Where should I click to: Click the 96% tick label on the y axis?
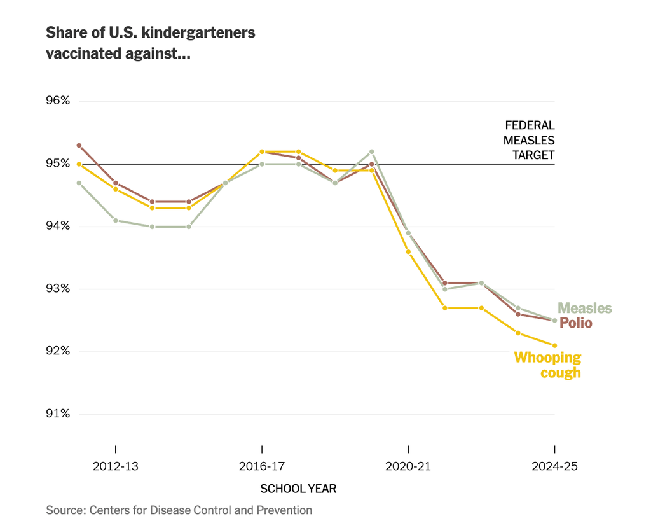pos(57,101)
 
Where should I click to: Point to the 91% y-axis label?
pos(57,414)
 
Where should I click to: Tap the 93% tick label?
pos(57,289)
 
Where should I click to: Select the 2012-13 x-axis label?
pos(115,466)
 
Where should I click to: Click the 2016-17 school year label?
pos(261,466)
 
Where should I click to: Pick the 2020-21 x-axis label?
pos(408,466)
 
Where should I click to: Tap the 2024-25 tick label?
pos(554,466)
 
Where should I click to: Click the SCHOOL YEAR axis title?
pos(298,489)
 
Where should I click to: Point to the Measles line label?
pos(585,309)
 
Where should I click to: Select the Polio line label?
pos(576,323)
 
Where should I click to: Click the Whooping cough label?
pos(547,365)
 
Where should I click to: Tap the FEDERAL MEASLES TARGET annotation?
pos(529,140)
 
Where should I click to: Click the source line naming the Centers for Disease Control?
pos(179,510)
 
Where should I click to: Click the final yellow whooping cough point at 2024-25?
pos(554,345)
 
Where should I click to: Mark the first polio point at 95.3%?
pos(79,145)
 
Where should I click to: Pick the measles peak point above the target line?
pos(372,151)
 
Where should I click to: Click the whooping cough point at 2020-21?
pos(408,251)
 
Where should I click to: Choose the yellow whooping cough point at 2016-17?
pos(261,151)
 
